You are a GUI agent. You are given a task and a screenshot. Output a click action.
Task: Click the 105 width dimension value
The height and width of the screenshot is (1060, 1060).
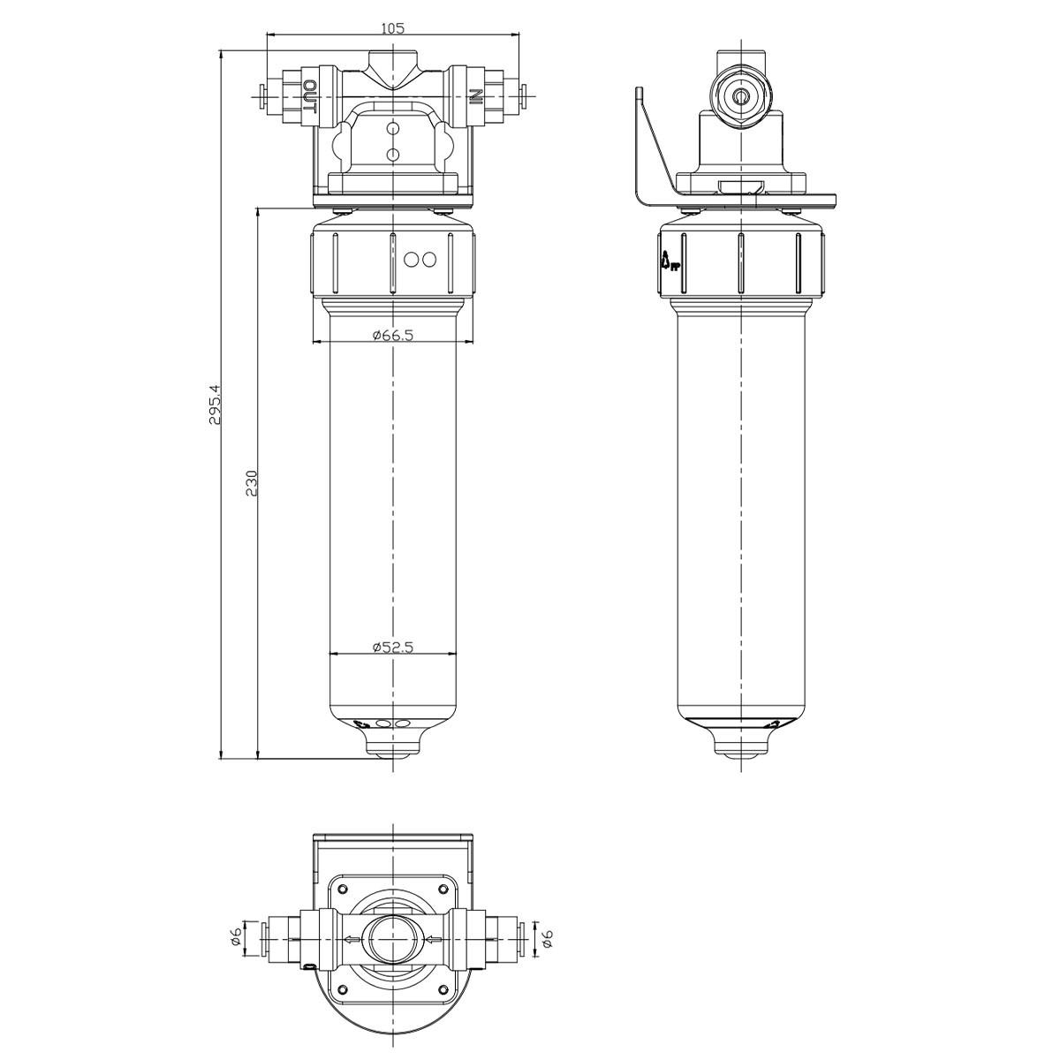pyautogui.click(x=392, y=27)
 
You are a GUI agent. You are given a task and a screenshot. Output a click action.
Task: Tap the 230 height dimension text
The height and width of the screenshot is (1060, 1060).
pyautogui.click(x=252, y=483)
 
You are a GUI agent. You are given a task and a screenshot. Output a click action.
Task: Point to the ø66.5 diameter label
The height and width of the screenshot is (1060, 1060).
pyautogui.click(x=392, y=335)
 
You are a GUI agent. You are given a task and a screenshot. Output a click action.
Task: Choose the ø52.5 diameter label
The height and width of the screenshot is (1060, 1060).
pyautogui.click(x=392, y=647)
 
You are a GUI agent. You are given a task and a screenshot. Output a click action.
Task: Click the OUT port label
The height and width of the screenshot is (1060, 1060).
pyautogui.click(x=310, y=97)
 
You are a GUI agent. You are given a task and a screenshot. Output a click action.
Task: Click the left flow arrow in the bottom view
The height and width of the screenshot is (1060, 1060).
pyautogui.click(x=352, y=940)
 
